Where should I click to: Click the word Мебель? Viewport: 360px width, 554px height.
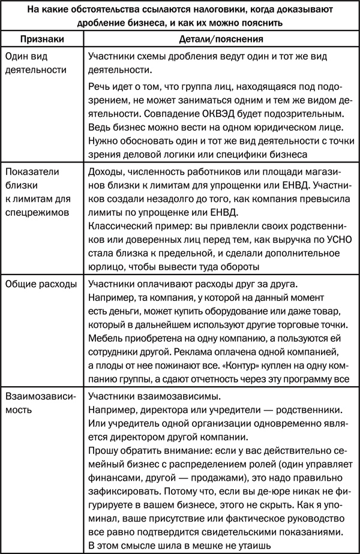106,337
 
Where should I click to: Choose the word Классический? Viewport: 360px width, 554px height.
122,228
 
